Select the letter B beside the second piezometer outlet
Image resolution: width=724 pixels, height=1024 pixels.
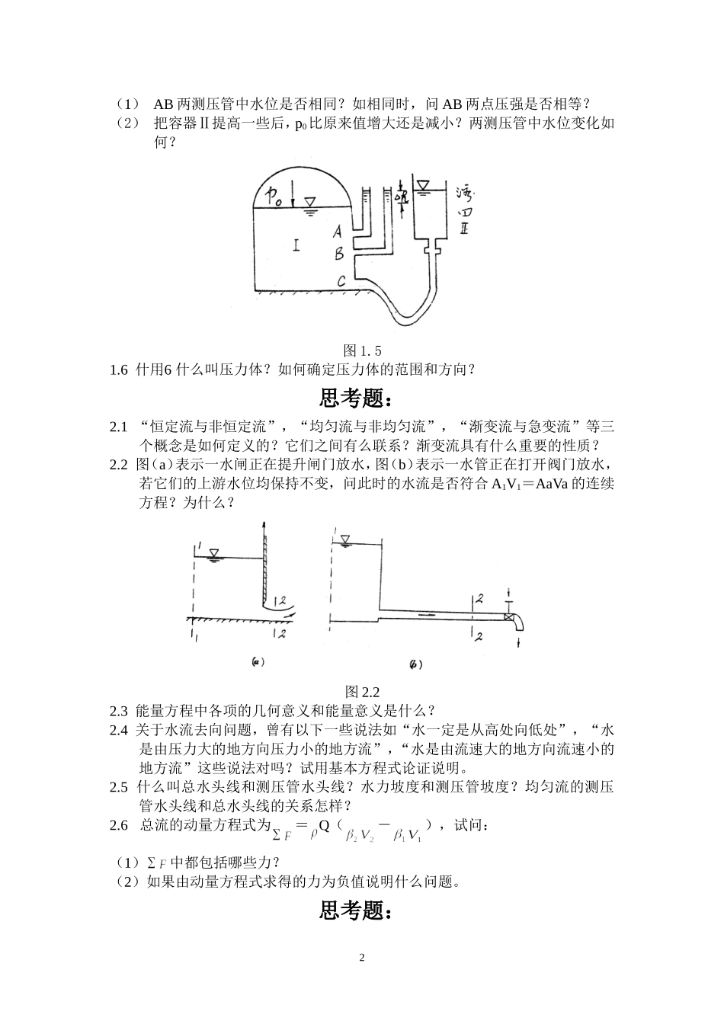click(340, 254)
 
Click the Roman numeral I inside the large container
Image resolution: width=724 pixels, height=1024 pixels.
click(296, 245)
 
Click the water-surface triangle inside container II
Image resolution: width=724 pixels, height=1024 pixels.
click(422, 184)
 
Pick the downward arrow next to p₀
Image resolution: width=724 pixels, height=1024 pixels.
click(292, 199)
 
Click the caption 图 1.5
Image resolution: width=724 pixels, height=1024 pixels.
click(362, 350)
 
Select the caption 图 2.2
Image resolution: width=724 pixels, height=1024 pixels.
click(362, 691)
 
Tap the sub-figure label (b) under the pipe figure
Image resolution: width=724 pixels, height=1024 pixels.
click(415, 664)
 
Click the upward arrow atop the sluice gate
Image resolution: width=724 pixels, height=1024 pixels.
click(263, 527)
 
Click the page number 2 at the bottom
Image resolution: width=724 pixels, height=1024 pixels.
click(362, 957)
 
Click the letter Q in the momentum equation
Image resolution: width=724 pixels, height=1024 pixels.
click(323, 826)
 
